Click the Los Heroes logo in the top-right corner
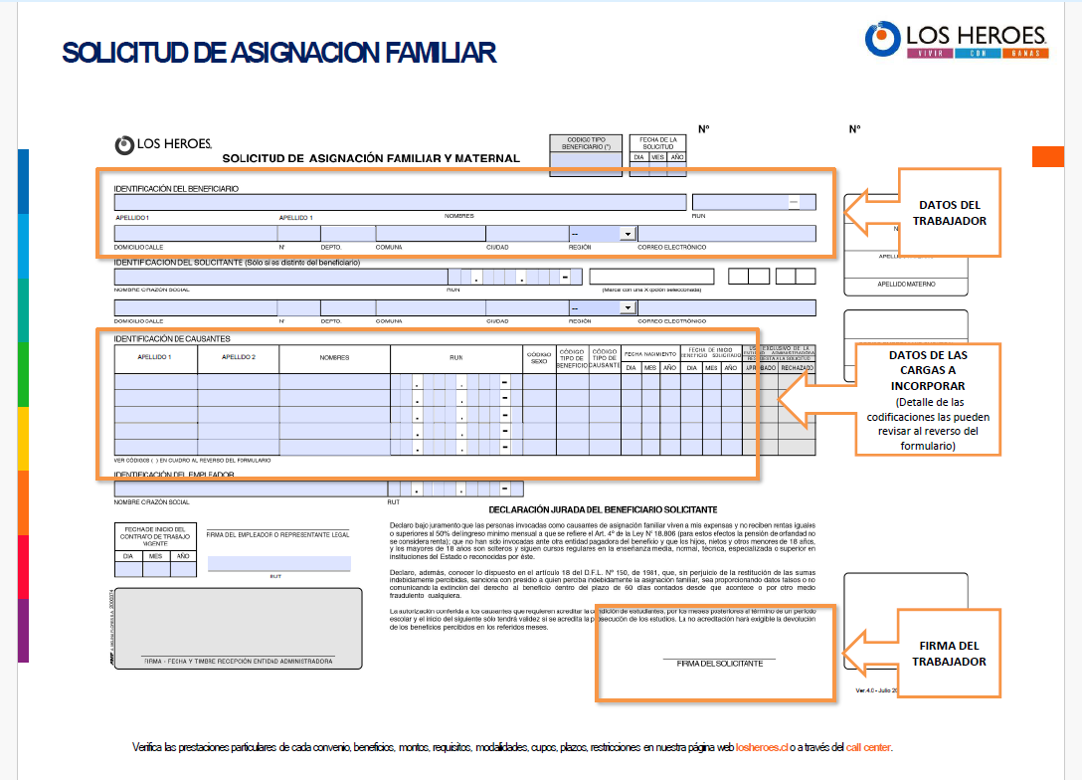click(956, 40)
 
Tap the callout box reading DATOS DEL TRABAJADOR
click(949, 213)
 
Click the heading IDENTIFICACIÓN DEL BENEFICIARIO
click(176, 188)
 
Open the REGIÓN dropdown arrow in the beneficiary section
click(628, 235)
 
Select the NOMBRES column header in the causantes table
click(334, 356)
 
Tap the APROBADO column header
click(760, 368)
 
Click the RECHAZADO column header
click(797, 368)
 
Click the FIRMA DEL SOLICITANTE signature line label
click(719, 663)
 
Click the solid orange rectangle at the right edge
click(1048, 156)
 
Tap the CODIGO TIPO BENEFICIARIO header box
click(587, 144)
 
